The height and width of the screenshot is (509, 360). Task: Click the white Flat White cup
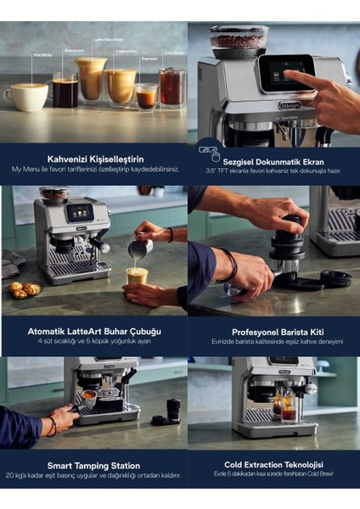(26, 97)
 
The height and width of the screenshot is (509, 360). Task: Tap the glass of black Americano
(65, 91)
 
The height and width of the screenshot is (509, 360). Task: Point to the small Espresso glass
(146, 95)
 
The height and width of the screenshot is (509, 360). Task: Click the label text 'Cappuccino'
(126, 50)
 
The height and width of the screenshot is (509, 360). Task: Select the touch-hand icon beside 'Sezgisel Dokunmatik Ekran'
(209, 154)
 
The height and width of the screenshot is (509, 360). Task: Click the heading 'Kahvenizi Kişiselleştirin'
(95, 159)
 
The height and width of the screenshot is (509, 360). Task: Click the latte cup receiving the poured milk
(136, 277)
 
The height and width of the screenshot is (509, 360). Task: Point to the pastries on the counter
(24, 289)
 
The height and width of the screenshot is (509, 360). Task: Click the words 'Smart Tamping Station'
(95, 466)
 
